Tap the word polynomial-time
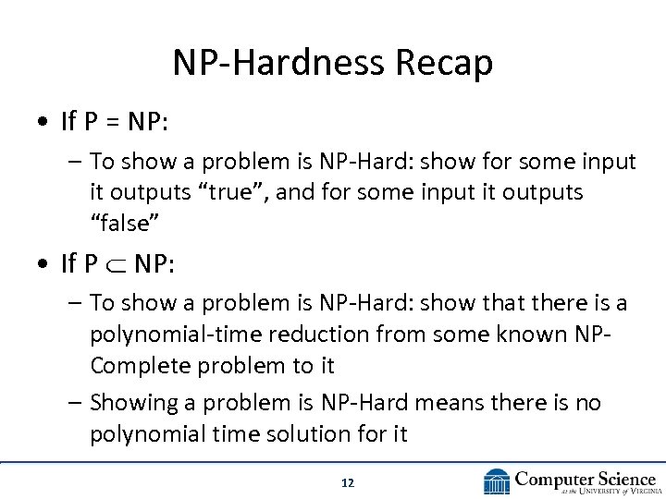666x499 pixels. coord(175,334)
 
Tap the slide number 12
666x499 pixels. coord(348,482)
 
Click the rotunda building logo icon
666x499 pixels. coord(497,481)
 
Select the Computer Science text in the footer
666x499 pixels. coord(586,477)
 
